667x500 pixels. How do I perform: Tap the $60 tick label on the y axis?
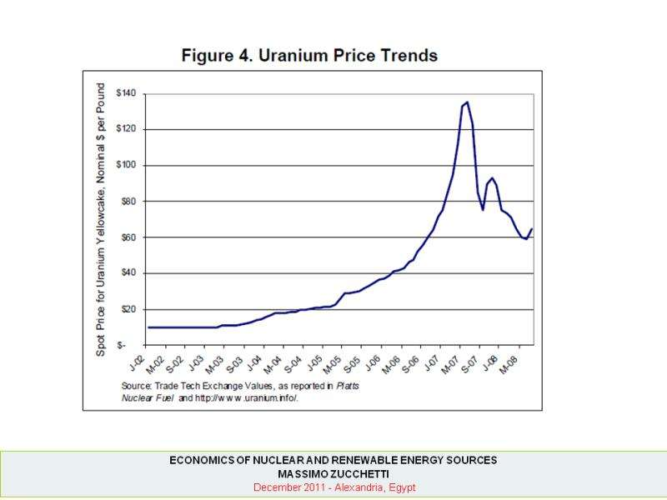[x=128, y=237]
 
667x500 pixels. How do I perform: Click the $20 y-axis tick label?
[x=128, y=309]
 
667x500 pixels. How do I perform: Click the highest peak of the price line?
[x=466, y=102]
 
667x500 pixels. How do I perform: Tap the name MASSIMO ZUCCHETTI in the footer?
[x=333, y=473]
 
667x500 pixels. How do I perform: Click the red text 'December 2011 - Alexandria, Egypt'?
[x=333, y=487]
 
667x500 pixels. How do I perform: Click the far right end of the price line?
[x=532, y=228]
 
